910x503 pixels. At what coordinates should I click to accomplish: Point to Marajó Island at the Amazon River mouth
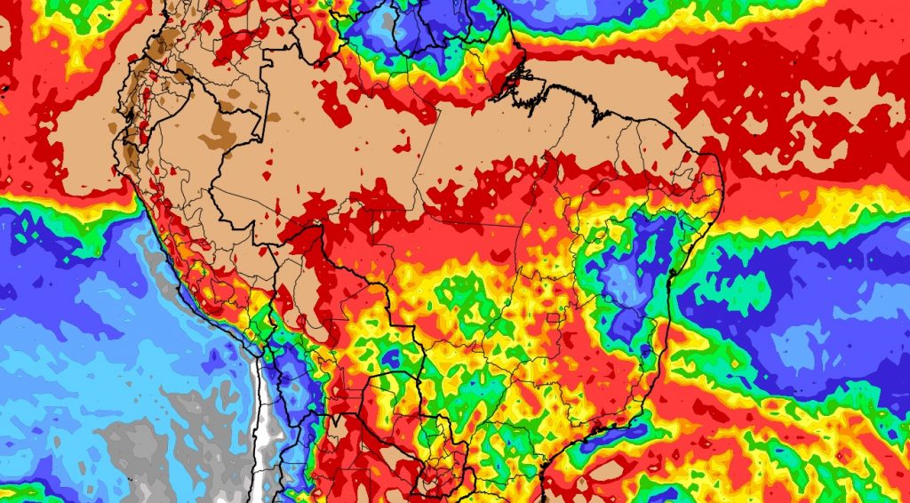point(514,80)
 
